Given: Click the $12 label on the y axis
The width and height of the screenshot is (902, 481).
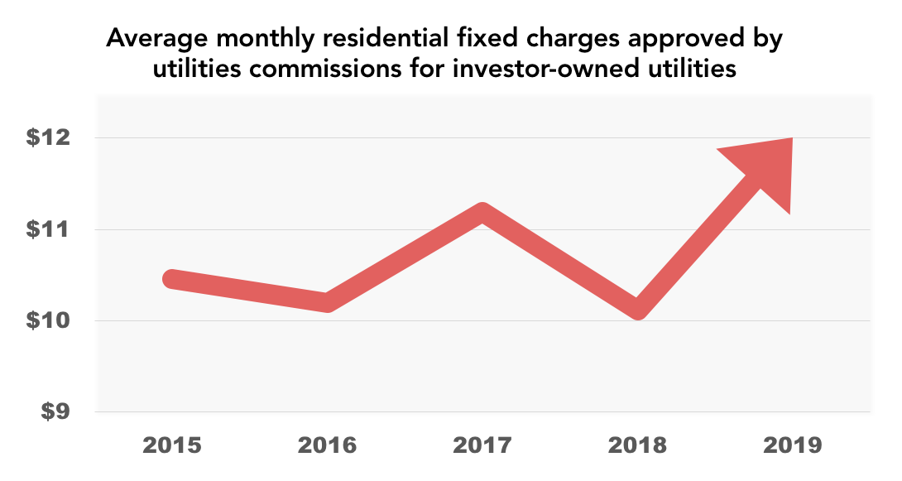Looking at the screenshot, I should pos(48,138).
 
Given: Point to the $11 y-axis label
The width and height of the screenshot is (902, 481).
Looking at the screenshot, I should pos(48,229).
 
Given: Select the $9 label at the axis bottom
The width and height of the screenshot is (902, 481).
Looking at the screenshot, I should pos(55,411).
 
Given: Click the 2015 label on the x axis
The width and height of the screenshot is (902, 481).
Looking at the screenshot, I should pos(171,445).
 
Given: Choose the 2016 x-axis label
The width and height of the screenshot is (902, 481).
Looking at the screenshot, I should pos(327,445).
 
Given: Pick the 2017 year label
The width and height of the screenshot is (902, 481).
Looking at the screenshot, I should pos(482,445).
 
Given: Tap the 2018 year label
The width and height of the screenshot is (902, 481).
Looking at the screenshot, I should pos(637,445).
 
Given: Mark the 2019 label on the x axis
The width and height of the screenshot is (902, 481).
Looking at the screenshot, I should pos(793,445).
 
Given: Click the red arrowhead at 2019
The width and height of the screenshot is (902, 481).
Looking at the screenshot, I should pos(765,170).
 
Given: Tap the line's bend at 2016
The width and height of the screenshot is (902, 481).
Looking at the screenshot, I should pos(328,301).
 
